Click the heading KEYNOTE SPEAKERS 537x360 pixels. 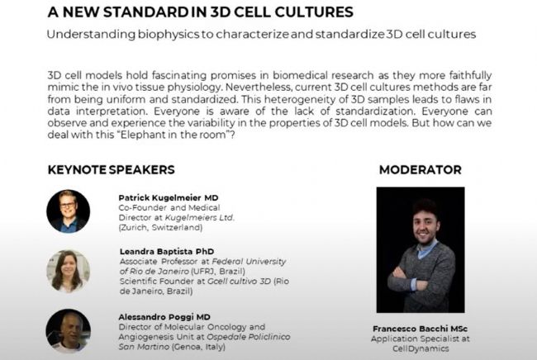click(x=111, y=170)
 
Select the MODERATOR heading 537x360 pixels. click(x=421, y=170)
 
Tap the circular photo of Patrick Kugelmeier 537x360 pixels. click(x=68, y=211)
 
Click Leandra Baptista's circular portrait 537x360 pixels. click(x=68, y=271)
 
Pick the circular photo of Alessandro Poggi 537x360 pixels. click(x=68, y=331)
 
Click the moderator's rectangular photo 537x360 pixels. click(x=421, y=250)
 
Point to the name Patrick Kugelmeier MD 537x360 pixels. click(x=169, y=198)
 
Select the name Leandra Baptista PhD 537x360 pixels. click(x=167, y=252)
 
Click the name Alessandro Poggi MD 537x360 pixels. click(x=164, y=317)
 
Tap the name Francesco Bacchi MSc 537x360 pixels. click(x=421, y=329)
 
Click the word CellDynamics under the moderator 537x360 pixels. click(x=421, y=348)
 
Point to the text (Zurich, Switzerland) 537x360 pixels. click(x=160, y=228)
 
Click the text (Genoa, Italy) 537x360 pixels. click(x=198, y=347)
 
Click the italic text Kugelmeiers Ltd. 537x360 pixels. click(x=200, y=218)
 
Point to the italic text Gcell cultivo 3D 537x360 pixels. click(x=239, y=282)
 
